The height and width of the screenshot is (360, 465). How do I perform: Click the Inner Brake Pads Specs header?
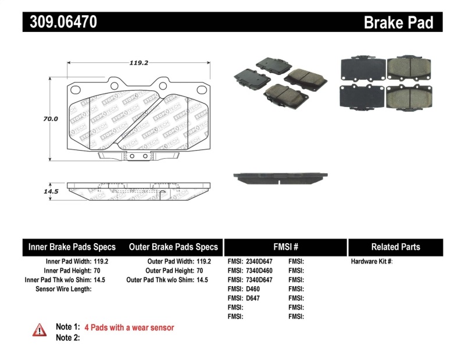(x=72, y=247)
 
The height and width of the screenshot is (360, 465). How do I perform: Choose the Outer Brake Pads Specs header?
(x=173, y=247)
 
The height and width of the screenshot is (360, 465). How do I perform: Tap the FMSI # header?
(x=285, y=247)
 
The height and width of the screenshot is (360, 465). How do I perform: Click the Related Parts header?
(x=395, y=247)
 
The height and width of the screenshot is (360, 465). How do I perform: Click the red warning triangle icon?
(x=39, y=330)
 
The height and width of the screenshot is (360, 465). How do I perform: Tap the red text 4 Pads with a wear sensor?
(x=129, y=327)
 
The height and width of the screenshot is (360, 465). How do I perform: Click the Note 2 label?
(x=67, y=337)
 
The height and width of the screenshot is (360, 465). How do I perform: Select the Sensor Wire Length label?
(x=63, y=289)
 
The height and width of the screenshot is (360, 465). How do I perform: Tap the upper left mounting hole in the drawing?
(x=74, y=89)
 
